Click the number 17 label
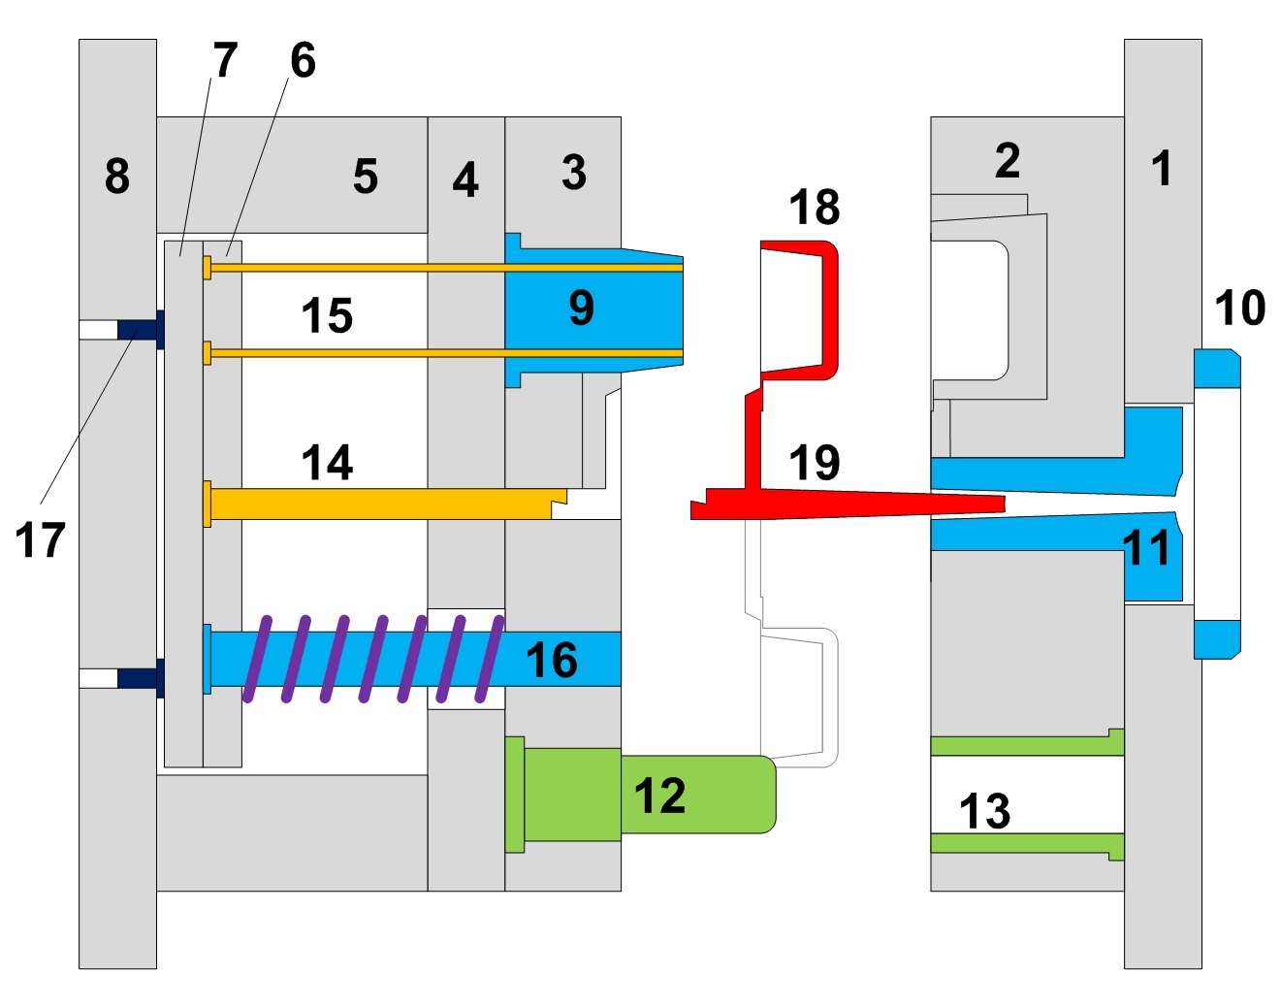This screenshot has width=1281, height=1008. [x=41, y=539]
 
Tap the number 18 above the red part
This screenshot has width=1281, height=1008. [x=814, y=207]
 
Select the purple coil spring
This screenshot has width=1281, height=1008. [x=374, y=659]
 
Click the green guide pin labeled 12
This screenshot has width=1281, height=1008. [x=640, y=795]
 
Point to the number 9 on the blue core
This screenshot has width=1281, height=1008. [x=581, y=308]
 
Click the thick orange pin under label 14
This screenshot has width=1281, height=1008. [x=386, y=504]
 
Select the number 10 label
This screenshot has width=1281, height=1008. [x=1240, y=308]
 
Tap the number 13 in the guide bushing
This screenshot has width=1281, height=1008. [x=985, y=811]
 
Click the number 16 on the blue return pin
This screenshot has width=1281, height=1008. [x=552, y=660]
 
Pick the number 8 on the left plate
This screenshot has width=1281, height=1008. [x=117, y=177]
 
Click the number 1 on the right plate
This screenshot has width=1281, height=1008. [x=1162, y=169]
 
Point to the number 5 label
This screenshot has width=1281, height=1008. [x=366, y=177]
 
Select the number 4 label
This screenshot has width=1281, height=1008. [x=464, y=179]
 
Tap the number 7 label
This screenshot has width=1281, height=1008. [x=226, y=59]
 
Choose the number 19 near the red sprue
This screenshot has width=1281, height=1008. [x=814, y=463]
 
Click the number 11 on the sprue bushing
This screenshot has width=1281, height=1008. [x=1146, y=548]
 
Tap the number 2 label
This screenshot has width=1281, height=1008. [x=1008, y=161]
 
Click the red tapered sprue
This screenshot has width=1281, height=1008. [x=848, y=504]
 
